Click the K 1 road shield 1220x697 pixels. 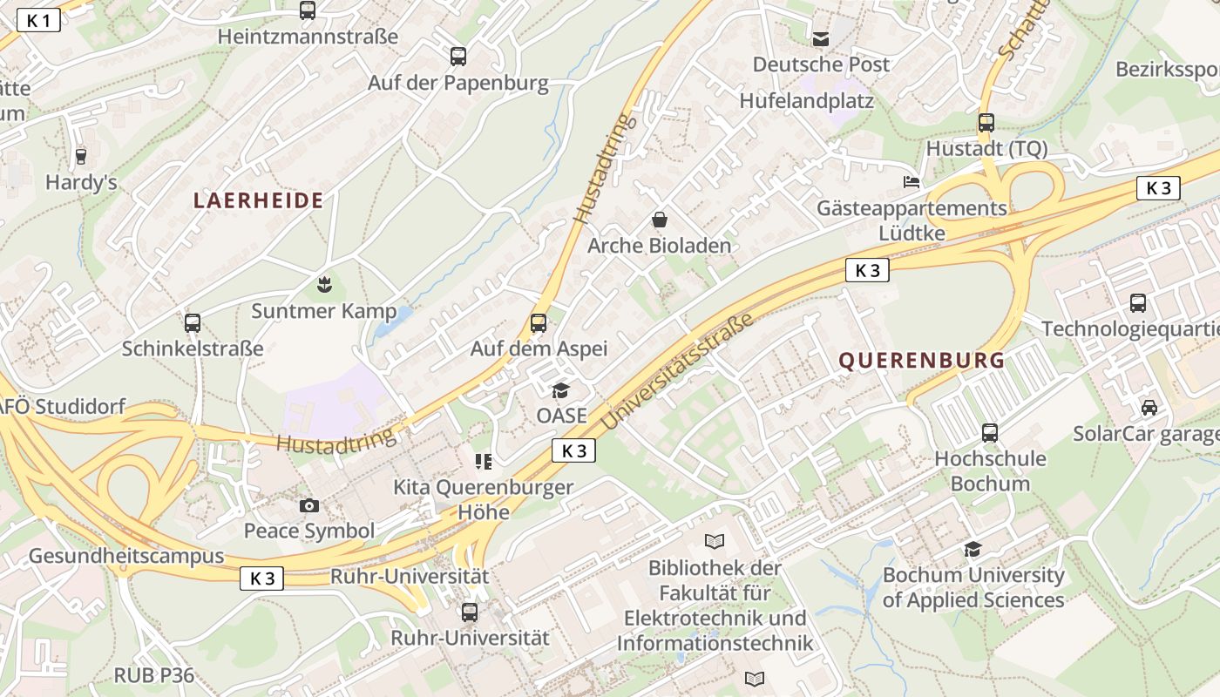pos(38,21)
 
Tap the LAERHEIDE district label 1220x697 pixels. pos(258,201)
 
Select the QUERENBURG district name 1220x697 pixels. pos(922,360)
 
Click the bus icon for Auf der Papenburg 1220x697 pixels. pos(458,57)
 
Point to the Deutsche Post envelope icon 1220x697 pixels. pos(821,38)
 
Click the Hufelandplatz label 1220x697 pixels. pos(806,101)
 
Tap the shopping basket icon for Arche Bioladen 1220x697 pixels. pos(660,220)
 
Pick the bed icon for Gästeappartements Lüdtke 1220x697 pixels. pos(912,182)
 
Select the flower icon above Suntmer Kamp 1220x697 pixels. pos(324,284)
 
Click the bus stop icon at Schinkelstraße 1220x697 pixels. pos(193,322)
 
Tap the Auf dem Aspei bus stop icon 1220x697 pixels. pos(539,323)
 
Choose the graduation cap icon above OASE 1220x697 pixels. pos(560,390)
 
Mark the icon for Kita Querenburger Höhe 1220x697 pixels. pos(484,461)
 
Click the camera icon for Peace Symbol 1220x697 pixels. pos(308,505)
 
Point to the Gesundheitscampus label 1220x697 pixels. pos(126,556)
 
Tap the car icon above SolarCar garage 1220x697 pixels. pos(1149,407)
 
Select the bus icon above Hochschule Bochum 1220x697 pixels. pos(989,432)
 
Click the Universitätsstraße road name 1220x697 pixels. pos(676,373)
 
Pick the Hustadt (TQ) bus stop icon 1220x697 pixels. pos(986,123)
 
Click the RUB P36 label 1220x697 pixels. pos(154,675)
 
